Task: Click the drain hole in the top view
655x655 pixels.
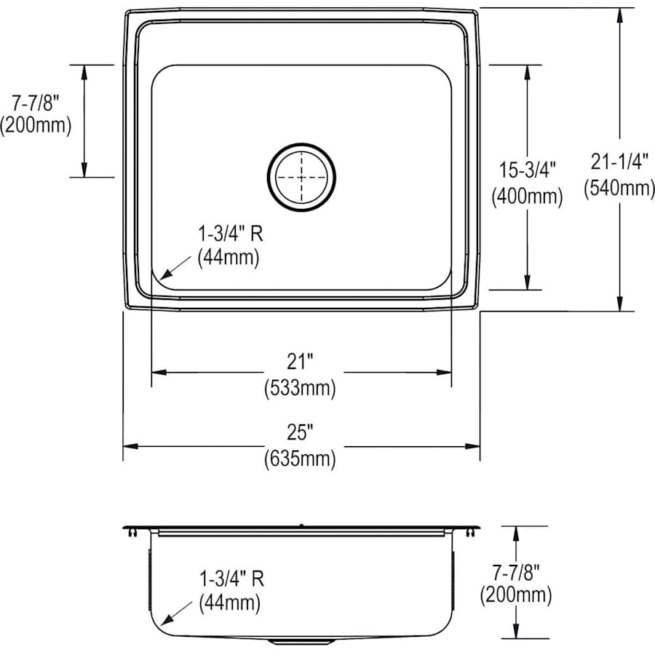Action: point(301,177)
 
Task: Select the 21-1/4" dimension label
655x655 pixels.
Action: point(619,162)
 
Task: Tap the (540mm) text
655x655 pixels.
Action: point(619,188)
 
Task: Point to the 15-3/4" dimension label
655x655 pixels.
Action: point(528,170)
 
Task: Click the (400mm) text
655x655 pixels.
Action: point(527,196)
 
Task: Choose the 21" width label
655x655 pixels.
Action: point(300,361)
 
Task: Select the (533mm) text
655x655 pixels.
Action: point(300,389)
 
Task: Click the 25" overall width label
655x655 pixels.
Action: point(300,432)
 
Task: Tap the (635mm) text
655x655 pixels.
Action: point(300,458)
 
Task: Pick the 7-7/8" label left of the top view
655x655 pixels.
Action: point(36,103)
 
